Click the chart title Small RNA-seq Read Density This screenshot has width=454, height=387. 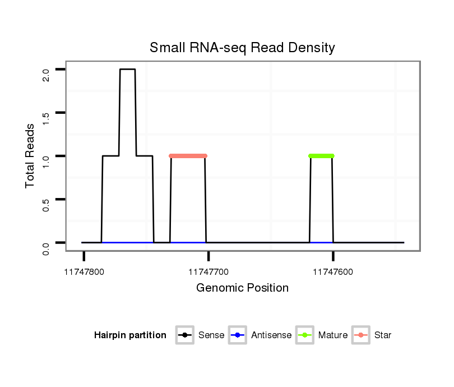pyautogui.click(x=242, y=48)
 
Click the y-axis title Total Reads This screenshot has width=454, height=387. pyautogui.click(x=31, y=155)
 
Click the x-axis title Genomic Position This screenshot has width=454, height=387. pyautogui.click(x=242, y=288)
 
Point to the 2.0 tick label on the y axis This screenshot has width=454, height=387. pyautogui.click(x=46, y=74)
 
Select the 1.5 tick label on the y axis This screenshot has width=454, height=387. pyautogui.click(x=46, y=118)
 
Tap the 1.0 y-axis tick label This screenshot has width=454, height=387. pyautogui.click(x=46, y=161)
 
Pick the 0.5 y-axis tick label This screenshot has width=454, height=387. pyautogui.click(x=46, y=204)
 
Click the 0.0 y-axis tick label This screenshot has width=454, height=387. pyautogui.click(x=46, y=248)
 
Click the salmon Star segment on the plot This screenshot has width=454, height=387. pyautogui.click(x=188, y=156)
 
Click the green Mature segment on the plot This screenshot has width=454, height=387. pyautogui.click(x=321, y=156)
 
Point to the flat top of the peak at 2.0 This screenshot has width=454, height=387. pyautogui.click(x=127, y=70)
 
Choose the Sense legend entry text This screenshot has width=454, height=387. pyautogui.click(x=211, y=335)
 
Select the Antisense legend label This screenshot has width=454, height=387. pyautogui.click(x=271, y=335)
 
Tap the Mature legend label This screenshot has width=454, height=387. pyautogui.click(x=332, y=335)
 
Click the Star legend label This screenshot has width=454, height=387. pyautogui.click(x=383, y=335)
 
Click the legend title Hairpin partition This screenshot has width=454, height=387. pyautogui.click(x=130, y=335)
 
